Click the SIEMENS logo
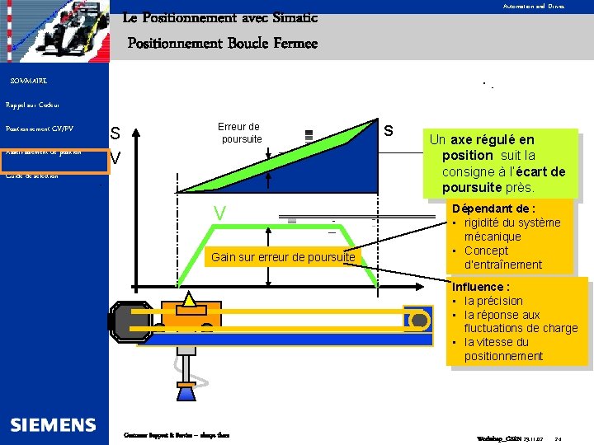coord(53,425)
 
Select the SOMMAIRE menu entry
coord(28,81)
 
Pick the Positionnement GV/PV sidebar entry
coord(40,129)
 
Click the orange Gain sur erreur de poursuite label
coord(283,258)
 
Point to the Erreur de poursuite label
coord(239,133)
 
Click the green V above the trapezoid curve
coord(219,214)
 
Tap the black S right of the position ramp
coord(389,130)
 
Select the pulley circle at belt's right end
coord(418,320)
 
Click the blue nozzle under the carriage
coord(186,393)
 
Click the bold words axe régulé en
coord(493,140)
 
